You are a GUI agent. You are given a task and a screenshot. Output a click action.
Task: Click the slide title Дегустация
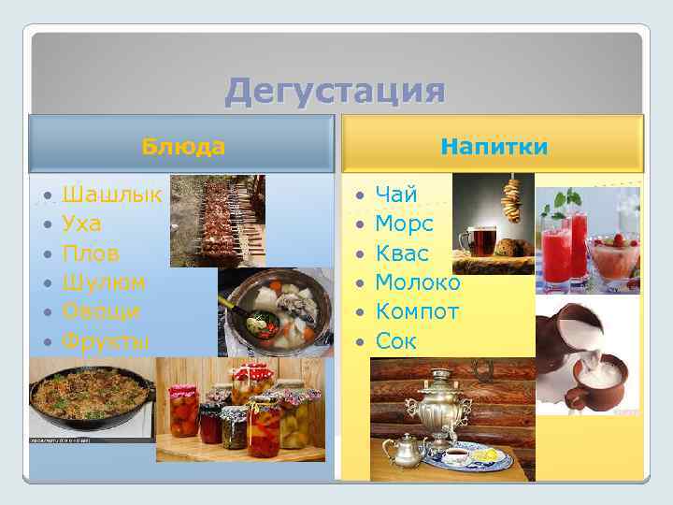click(x=335, y=92)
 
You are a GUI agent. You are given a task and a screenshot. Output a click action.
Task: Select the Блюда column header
click(x=183, y=146)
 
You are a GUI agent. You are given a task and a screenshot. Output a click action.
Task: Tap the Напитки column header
click(x=494, y=146)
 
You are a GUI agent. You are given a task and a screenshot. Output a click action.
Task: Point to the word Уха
click(x=82, y=224)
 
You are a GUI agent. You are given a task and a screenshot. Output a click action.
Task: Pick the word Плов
click(x=89, y=252)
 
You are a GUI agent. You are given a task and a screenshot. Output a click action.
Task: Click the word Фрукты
click(x=106, y=340)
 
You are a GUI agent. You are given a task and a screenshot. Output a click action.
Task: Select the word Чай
click(x=396, y=195)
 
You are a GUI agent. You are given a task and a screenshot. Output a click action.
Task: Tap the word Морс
click(x=404, y=224)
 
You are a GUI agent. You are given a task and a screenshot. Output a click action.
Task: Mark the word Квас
click(x=402, y=253)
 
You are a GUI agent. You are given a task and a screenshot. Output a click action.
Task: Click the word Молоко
click(x=417, y=282)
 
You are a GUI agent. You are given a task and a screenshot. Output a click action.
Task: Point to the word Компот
click(x=417, y=311)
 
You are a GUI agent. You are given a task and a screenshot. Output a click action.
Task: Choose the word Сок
click(x=395, y=340)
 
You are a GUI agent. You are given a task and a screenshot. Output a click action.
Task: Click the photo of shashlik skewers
click(x=217, y=220)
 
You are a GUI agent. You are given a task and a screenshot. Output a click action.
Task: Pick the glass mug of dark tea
click(x=483, y=240)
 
